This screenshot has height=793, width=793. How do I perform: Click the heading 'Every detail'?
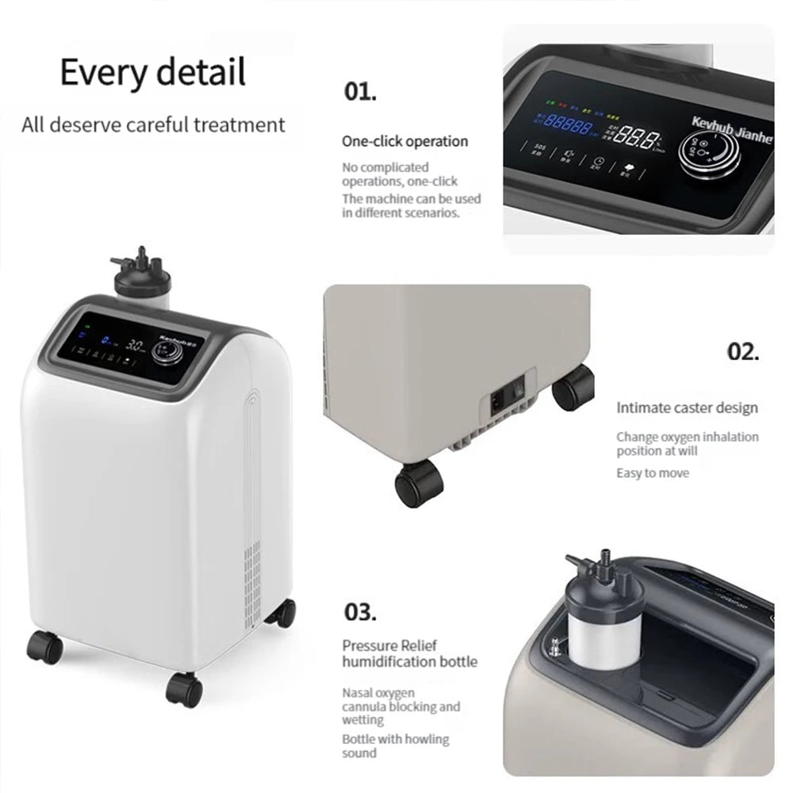point(153,72)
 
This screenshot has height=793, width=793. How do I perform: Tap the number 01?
point(360,91)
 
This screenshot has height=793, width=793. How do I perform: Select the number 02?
point(743,351)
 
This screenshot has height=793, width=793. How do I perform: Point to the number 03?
point(360,611)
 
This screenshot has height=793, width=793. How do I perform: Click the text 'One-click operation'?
point(405,141)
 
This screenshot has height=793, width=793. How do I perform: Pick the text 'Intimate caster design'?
point(688,408)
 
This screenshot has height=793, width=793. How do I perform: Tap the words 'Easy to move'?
point(653,473)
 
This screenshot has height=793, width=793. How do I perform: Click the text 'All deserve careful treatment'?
point(153,125)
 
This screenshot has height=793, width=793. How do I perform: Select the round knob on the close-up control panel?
point(708,152)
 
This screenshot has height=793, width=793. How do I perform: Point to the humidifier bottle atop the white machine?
point(144,284)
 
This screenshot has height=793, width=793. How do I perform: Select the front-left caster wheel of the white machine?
point(44,648)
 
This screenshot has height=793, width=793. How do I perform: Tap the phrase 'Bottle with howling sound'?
point(395,746)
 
